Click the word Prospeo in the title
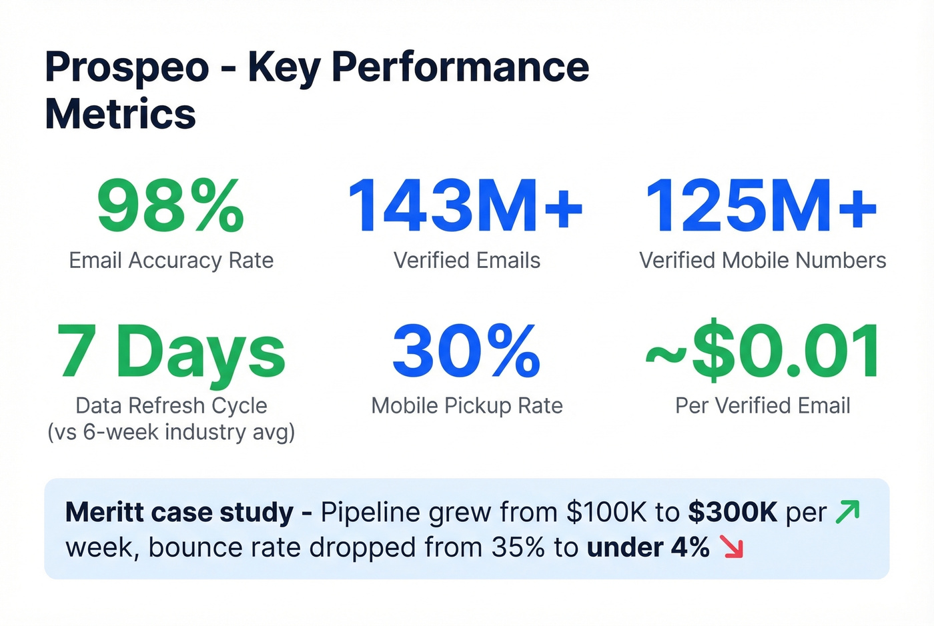127,67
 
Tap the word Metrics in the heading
120,114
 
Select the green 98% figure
171,207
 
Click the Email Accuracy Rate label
171,260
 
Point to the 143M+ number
466,207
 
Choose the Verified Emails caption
466,260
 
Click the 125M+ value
761,207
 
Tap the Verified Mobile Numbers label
763,260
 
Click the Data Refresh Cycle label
171,405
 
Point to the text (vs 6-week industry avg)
171,432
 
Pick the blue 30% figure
466,351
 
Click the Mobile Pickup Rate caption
466,405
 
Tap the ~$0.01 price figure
763,351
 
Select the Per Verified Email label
763,405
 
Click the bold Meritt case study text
179,512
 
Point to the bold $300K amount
733,512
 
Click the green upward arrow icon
848,511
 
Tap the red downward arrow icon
732,547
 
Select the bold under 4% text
648,547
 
